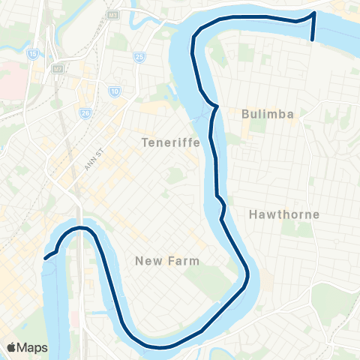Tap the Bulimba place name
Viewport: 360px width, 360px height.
coord(266,115)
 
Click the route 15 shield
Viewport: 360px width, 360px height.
coord(34,55)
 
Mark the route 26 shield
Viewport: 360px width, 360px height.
coord(85,113)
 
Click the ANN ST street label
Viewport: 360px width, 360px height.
coord(92,158)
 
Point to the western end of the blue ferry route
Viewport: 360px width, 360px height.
coord(46,258)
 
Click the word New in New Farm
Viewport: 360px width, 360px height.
coord(146,260)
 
